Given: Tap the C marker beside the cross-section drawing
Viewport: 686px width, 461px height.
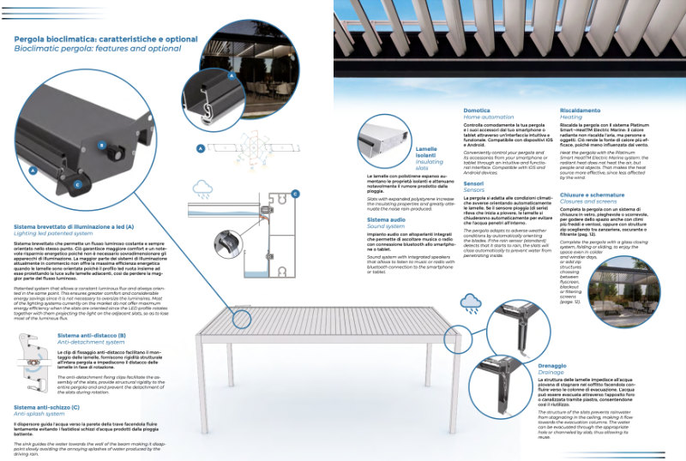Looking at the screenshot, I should tap(295, 195).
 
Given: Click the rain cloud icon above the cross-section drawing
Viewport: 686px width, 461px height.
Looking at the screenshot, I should tap(203, 187).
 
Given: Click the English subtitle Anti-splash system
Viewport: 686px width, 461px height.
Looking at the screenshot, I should tap(41, 416).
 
